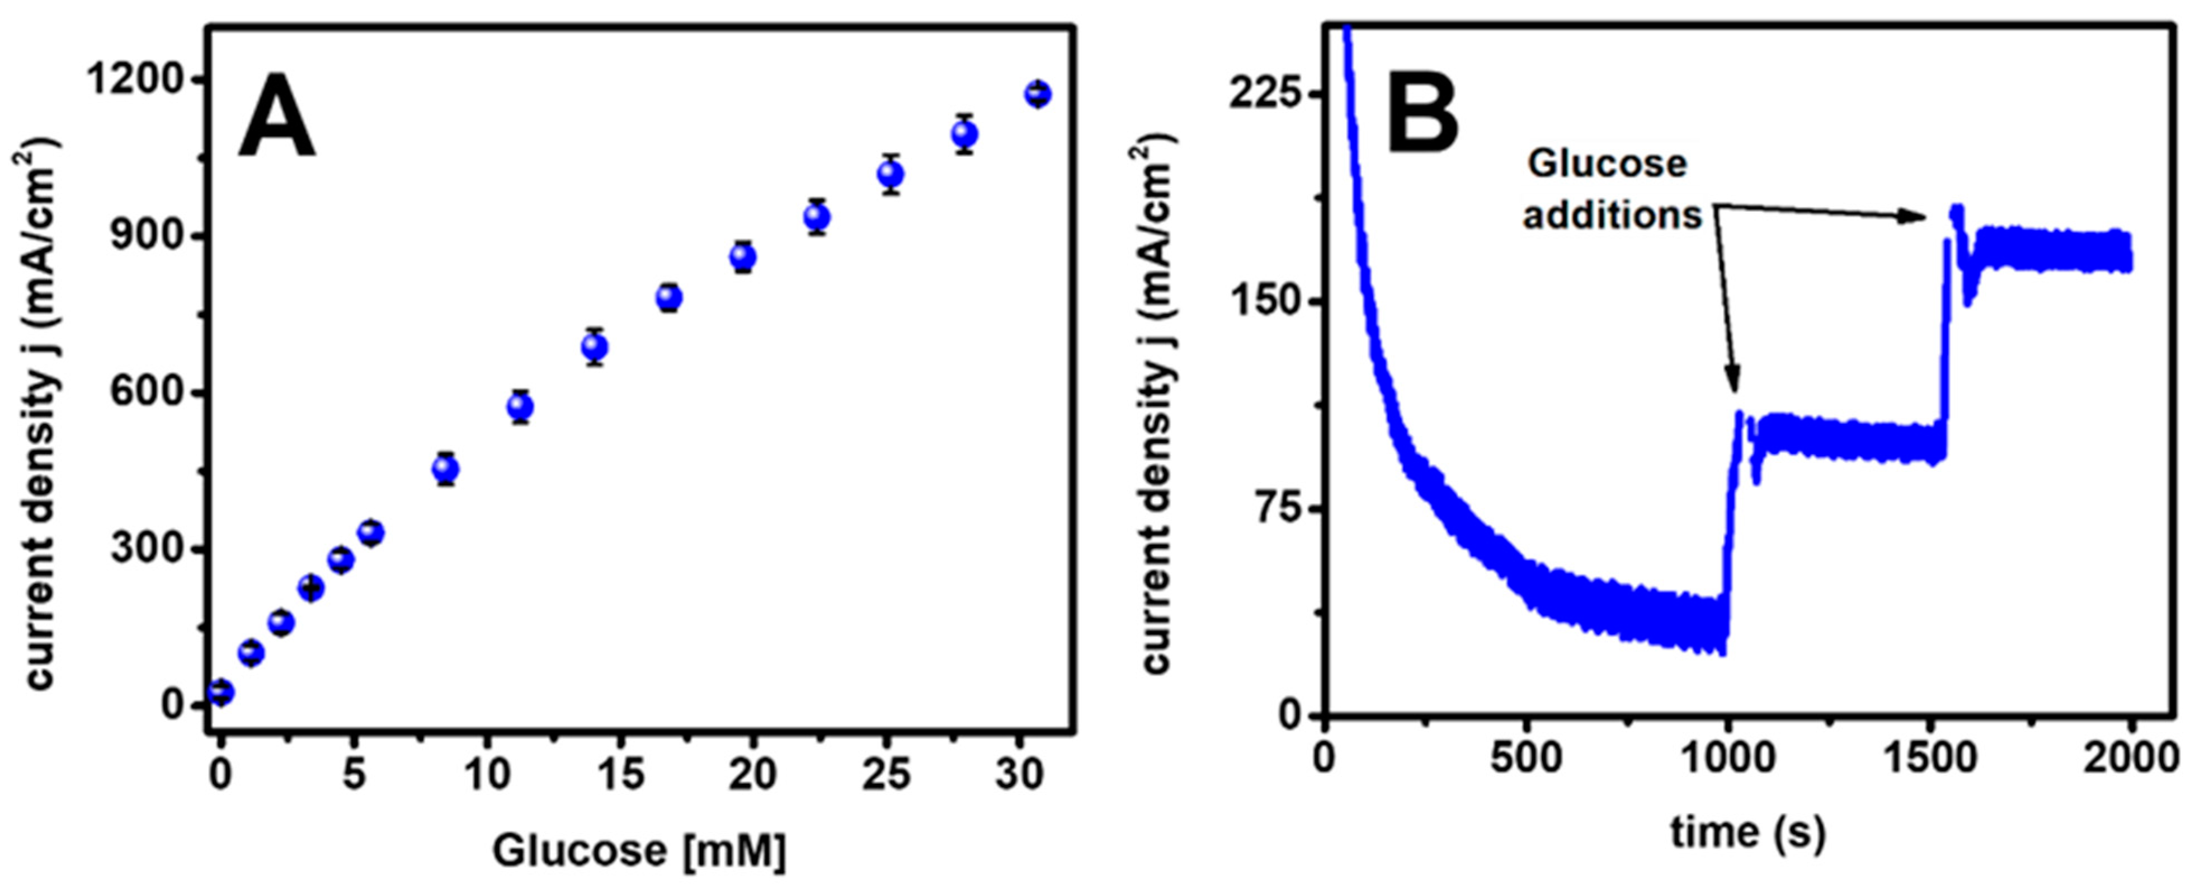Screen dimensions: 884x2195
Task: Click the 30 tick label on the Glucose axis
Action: coord(1019,774)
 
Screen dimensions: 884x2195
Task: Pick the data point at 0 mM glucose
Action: coord(221,692)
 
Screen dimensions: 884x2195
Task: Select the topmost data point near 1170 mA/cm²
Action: coord(1037,93)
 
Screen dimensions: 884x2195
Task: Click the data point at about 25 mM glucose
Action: coord(891,175)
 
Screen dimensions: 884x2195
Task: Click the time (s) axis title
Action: coord(1747,833)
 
